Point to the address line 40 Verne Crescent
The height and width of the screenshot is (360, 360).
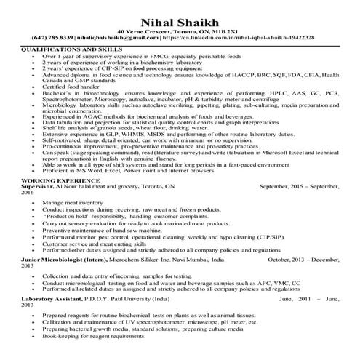pyautogui.click(x=180, y=29)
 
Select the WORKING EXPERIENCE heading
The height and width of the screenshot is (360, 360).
pyautogui.click(x=54, y=179)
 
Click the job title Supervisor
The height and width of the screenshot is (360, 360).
pyautogui.click(x=36, y=185)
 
